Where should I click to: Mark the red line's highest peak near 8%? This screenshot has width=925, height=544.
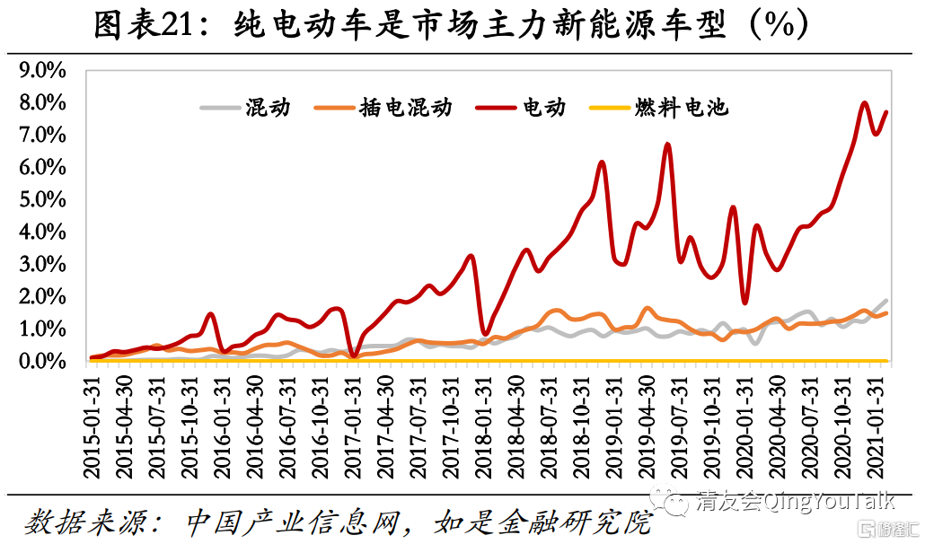864,102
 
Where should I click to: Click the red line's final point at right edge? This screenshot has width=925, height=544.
886,112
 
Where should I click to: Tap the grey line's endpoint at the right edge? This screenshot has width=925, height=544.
887,301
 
